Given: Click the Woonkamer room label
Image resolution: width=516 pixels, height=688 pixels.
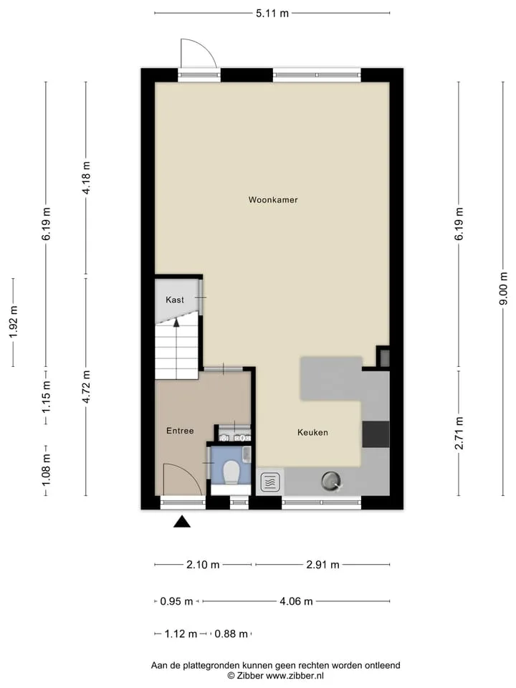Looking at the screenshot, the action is [273, 200].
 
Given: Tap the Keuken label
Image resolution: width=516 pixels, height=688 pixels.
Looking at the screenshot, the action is [312, 432].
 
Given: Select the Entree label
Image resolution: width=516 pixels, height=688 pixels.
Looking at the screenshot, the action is [180, 431].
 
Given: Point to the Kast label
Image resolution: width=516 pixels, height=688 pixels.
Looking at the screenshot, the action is [175, 300].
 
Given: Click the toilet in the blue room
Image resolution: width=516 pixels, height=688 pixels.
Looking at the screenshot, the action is [231, 472].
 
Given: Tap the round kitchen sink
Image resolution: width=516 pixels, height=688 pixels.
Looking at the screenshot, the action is [331, 481].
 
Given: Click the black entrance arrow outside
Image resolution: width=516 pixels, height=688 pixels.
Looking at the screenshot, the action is [182, 521].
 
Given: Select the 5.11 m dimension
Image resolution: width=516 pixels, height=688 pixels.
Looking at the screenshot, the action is [272, 13].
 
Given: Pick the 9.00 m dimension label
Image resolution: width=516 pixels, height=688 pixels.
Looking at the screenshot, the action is [503, 288].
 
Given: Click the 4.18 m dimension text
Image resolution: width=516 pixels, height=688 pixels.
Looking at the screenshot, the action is [86, 178].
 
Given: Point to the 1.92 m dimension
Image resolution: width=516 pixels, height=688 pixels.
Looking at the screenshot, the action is [13, 322].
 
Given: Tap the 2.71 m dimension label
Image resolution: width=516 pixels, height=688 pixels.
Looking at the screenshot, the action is [459, 433].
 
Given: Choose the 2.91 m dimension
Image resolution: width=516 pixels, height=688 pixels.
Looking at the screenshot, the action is [322, 564].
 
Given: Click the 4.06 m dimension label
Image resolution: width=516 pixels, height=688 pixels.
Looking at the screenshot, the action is [296, 601].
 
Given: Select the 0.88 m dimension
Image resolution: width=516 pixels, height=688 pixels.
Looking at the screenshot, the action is [231, 634].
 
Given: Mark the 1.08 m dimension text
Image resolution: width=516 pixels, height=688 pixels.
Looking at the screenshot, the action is [46, 469].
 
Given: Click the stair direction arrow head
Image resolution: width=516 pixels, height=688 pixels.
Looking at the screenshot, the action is [176, 322].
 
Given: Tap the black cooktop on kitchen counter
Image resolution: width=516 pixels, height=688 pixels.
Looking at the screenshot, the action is [376, 434].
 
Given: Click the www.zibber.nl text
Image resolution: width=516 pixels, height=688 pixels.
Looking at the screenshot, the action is [295, 676].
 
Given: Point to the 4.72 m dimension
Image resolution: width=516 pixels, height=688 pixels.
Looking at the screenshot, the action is [86, 386].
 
